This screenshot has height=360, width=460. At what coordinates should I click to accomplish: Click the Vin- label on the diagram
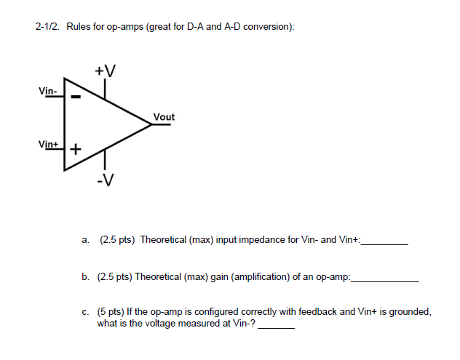(48, 91)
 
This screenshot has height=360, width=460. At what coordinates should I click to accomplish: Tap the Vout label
(164, 117)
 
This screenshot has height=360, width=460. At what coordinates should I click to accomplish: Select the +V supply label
(105, 71)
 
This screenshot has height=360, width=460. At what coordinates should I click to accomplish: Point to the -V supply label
(105, 180)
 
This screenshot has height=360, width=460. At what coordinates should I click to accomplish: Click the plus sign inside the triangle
(75, 149)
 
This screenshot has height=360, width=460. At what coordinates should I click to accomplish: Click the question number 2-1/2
(47, 27)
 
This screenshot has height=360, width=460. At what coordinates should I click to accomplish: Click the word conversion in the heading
(268, 27)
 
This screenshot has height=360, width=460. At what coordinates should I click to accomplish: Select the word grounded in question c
(410, 311)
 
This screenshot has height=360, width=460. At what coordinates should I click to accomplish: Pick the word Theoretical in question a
(163, 239)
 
